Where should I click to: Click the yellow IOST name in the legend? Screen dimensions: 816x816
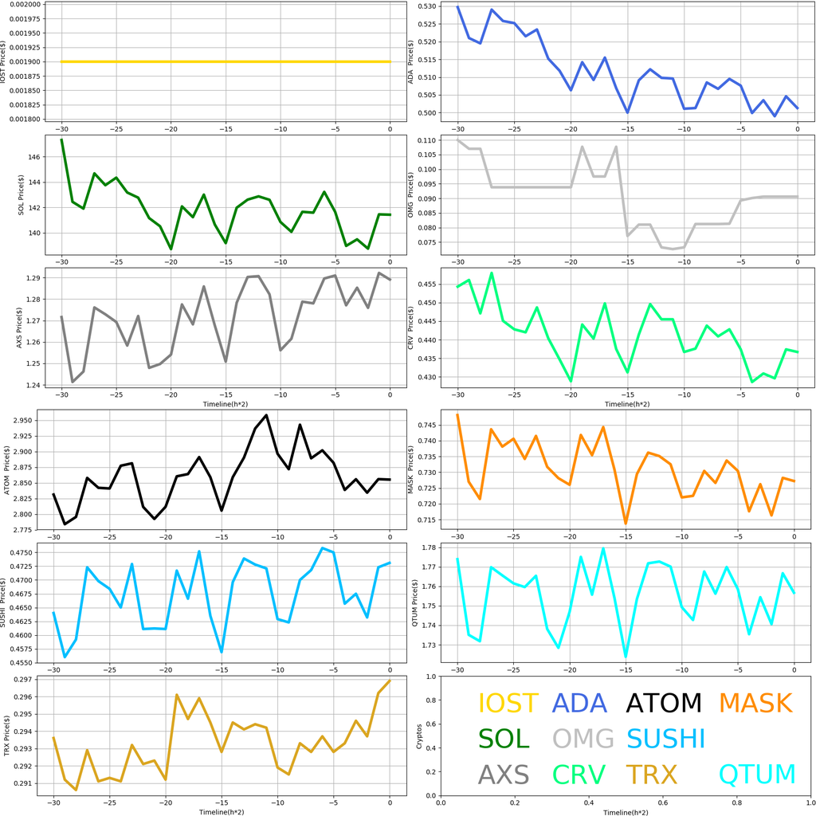coord(508,704)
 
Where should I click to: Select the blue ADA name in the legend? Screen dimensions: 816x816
coord(581,704)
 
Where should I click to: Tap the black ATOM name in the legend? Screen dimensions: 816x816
coord(664,704)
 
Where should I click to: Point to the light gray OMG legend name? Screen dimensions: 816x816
coord(583,739)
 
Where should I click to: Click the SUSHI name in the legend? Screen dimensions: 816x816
coord(666,739)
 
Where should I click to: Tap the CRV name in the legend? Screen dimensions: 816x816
coord(579,774)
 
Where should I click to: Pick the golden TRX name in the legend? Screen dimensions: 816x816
coord(651,774)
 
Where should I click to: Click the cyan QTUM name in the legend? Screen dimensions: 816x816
coord(757,774)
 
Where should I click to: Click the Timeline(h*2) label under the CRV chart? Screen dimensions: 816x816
coord(626,404)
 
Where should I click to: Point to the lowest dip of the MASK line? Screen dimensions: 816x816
coord(626,523)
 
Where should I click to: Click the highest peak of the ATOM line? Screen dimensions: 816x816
coord(266,415)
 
